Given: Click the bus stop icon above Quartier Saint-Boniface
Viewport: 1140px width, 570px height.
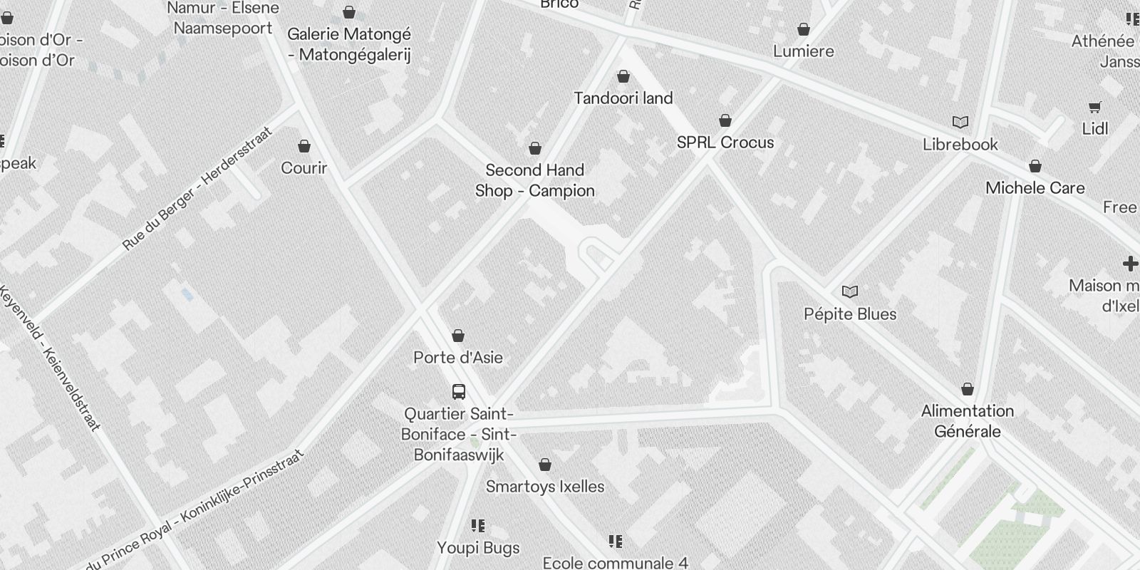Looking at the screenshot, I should pos(459,391).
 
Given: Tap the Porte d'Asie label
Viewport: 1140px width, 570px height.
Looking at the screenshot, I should pos(458,358).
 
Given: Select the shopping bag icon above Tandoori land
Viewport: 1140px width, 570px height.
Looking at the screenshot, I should pos(623,76).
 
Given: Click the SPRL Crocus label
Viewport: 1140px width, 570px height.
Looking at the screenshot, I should pos(725,142).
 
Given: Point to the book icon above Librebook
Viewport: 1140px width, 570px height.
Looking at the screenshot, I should pos(960,123).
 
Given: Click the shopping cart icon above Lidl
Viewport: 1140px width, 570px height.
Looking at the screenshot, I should pos(1095,108).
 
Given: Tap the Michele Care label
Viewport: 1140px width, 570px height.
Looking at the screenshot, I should pos(1035,188).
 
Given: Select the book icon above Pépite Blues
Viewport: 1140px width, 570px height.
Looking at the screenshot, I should pos(850,291).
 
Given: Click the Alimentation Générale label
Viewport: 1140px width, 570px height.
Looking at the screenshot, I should pos(967,421).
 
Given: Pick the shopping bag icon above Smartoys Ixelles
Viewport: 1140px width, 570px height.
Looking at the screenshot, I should pos(545,465).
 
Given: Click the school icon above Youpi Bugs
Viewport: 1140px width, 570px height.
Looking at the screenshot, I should pos(478,526).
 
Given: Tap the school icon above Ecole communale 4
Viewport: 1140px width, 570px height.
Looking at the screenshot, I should pos(616,541).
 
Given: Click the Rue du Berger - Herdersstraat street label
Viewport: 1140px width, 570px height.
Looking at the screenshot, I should pos(197,189).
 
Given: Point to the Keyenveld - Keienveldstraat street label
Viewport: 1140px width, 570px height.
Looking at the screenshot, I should pos(51,358).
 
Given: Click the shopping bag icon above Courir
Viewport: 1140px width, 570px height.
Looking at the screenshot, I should pos(304,147).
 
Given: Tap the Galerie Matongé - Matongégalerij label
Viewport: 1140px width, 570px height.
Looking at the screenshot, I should pos(349,44).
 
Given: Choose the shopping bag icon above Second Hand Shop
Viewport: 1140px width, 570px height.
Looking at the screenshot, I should pos(535,148).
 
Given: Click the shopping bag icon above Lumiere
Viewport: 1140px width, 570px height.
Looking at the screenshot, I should pos(804,29).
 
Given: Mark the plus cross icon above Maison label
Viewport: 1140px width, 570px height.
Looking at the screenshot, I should pos(1130,264).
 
